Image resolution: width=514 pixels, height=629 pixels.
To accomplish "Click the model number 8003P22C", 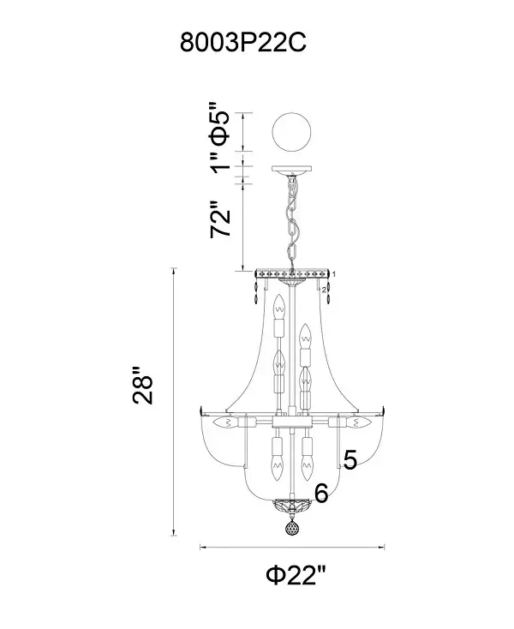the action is coord(243,43).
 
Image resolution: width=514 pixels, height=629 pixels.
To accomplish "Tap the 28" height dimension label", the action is coord(143,385).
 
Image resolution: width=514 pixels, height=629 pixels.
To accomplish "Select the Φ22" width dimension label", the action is coord(296,575).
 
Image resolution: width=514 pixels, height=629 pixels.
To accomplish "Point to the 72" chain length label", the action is coord(221,219).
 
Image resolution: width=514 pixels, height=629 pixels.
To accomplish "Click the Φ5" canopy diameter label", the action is coord(220,123).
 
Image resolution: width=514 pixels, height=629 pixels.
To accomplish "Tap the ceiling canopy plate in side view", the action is coord(292,170).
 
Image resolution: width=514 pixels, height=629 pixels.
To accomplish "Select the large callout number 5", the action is coord(350,459).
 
